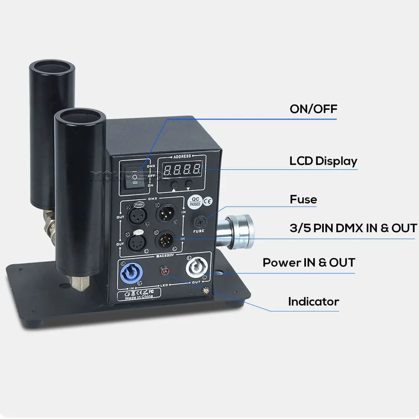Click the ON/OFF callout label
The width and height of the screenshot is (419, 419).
(313, 109)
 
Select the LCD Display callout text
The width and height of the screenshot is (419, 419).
(323, 161)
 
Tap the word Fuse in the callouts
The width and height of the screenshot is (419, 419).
(303, 199)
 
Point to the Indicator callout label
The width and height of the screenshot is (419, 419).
(313, 302)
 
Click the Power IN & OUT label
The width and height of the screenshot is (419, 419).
(309, 262)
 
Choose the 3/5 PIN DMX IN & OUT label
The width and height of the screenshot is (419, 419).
(353, 228)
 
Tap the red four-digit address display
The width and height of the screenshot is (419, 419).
(181, 169)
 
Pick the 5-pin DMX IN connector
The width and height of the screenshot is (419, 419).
(165, 240)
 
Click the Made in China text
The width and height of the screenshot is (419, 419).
(139, 297)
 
